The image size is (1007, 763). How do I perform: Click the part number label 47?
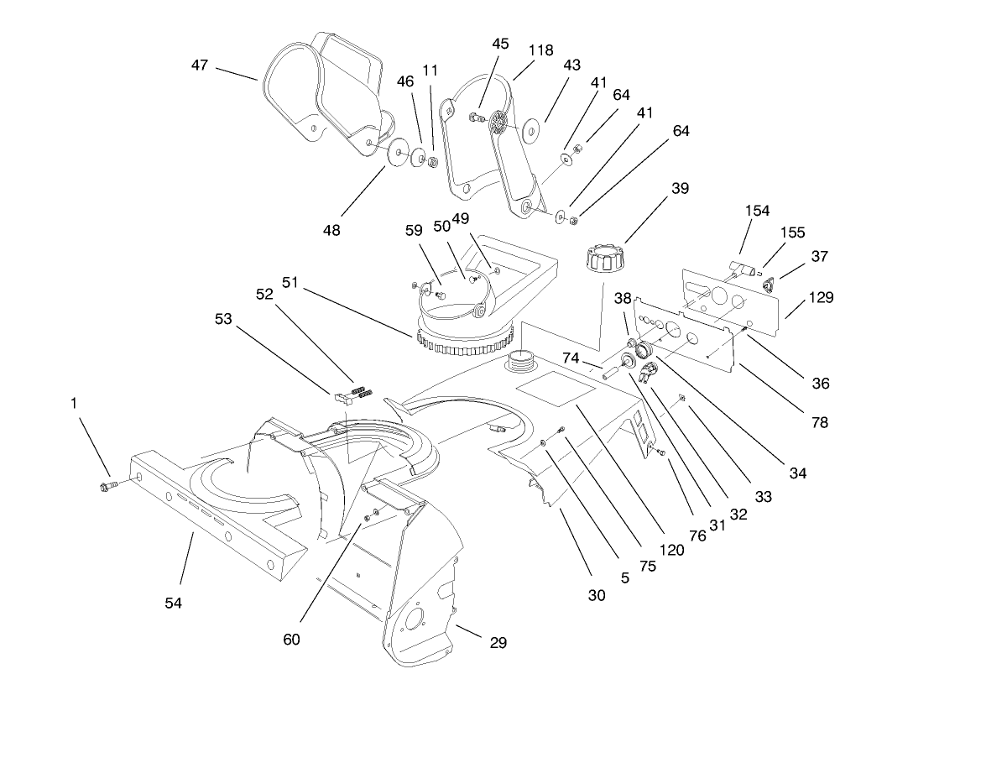click(199, 65)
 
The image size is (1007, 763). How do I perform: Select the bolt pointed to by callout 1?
click(107, 486)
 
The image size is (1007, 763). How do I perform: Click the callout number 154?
click(757, 211)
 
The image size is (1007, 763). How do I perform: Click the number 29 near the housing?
click(498, 643)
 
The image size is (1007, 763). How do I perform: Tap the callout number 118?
click(540, 50)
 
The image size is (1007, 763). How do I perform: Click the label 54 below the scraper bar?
click(174, 603)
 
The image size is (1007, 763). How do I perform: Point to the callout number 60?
click(291, 640)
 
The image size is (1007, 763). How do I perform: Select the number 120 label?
click(672, 551)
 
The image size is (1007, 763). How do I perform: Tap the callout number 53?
click(223, 319)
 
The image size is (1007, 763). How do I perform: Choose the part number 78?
click(819, 422)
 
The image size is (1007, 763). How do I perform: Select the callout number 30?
click(596, 595)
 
